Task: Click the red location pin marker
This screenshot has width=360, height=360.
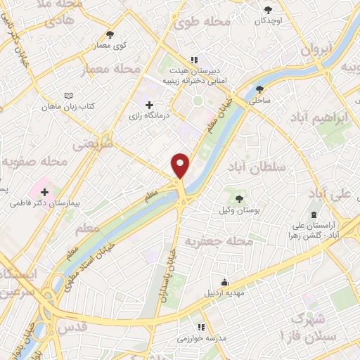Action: coord(181,165)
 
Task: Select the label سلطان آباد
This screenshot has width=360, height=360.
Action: coord(256,167)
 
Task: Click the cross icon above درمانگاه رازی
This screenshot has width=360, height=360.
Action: coord(149,105)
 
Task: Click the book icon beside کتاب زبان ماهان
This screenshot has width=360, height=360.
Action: coord(67,95)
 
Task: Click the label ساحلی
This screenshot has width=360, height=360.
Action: coord(257,101)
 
